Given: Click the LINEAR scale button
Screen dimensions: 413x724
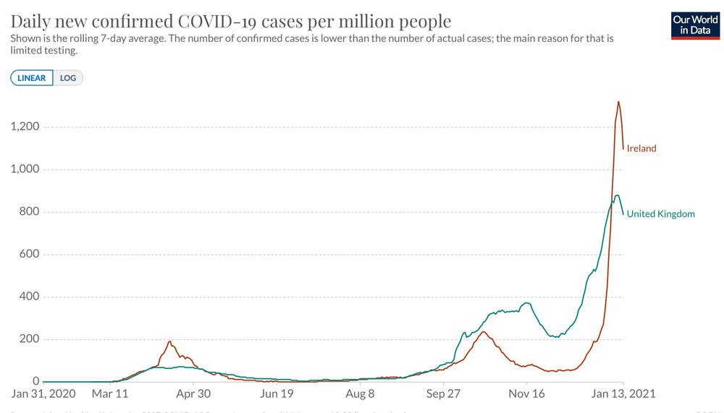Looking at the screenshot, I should pyautogui.click(x=32, y=77).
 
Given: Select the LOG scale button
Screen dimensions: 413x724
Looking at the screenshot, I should pyautogui.click(x=68, y=77).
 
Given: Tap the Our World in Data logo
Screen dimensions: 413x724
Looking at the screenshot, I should pyautogui.click(x=695, y=25).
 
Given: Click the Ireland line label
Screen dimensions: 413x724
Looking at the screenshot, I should pyautogui.click(x=641, y=148).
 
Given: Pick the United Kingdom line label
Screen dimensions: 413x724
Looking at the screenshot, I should pyautogui.click(x=660, y=213).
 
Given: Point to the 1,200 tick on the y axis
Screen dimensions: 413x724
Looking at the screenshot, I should pyautogui.click(x=25, y=127).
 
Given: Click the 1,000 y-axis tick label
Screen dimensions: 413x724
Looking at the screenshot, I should pyautogui.click(x=25, y=169).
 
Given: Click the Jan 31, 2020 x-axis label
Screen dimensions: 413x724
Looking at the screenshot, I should pyautogui.click(x=43, y=394).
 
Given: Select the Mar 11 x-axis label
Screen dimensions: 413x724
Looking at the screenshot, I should pyautogui.click(x=110, y=394).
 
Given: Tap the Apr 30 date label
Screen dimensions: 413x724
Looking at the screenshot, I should pyautogui.click(x=193, y=394).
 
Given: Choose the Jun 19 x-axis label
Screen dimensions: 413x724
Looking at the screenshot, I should pyautogui.click(x=277, y=394).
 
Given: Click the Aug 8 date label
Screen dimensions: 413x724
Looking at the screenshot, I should pyautogui.click(x=360, y=394).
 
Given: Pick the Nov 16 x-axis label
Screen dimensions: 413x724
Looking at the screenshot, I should pyautogui.click(x=527, y=394).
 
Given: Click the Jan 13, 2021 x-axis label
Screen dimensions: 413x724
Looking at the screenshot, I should pyautogui.click(x=623, y=394).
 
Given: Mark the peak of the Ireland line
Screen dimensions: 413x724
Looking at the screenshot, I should pyautogui.click(x=618, y=102).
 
